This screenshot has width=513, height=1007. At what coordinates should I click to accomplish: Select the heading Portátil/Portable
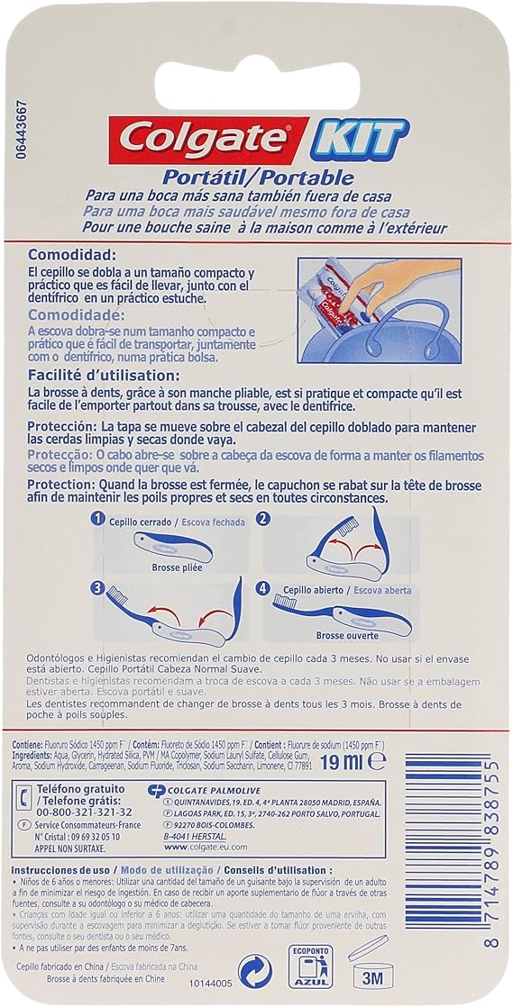pyautogui.click(x=258, y=177)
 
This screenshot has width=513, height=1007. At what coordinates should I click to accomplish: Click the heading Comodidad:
pyautogui.click(x=72, y=255)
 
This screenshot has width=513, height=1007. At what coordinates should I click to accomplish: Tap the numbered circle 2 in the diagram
pyautogui.click(x=264, y=519)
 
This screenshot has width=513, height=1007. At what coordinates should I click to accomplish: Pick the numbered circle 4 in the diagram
pyautogui.click(x=264, y=589)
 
